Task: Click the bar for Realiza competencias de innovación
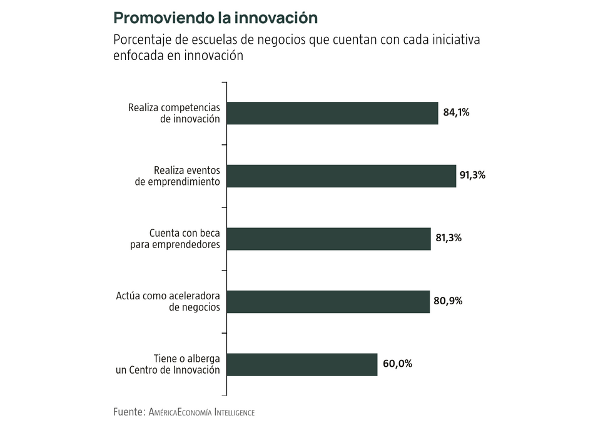[x=332, y=113]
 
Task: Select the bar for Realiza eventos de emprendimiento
[x=341, y=176]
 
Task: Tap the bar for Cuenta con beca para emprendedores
[x=328, y=238]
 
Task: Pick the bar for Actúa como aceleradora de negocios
[x=328, y=301]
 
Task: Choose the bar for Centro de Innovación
[x=302, y=364]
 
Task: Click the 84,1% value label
[x=456, y=113]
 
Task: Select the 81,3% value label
[x=448, y=238]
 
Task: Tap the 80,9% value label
[x=448, y=301]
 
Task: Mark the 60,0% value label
[x=397, y=364]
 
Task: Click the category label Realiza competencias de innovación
[x=174, y=113]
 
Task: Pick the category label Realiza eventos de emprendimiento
[x=178, y=176]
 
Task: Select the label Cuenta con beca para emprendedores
[x=175, y=238]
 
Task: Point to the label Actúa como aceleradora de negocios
[x=168, y=301]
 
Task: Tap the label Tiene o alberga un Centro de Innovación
[x=168, y=364]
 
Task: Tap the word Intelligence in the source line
[x=235, y=412]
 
